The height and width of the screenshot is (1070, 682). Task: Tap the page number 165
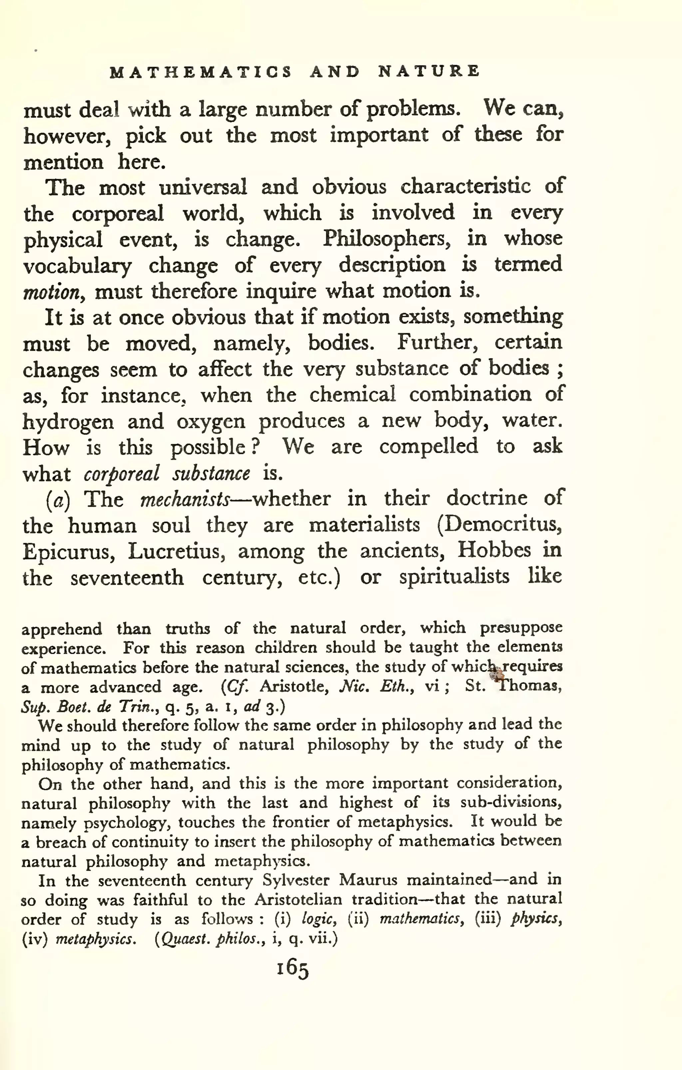(292, 968)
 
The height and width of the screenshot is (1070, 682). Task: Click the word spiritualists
(454, 577)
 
